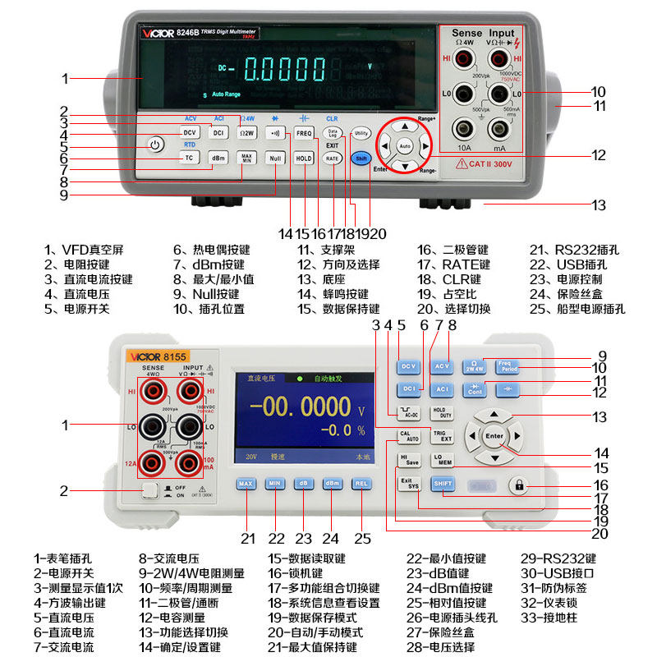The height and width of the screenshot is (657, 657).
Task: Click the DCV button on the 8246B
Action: [x=190, y=132]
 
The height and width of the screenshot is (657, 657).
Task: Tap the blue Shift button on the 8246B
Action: [x=359, y=158]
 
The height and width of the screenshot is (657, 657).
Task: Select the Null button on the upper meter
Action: [x=275, y=158]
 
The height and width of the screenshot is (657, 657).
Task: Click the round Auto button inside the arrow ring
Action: [x=404, y=146]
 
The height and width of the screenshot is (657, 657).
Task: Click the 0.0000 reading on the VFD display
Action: [x=280, y=71]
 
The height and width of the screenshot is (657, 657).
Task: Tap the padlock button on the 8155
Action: [x=518, y=485]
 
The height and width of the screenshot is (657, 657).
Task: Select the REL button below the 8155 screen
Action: [x=361, y=484]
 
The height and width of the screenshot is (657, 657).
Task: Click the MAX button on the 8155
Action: [x=246, y=484]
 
